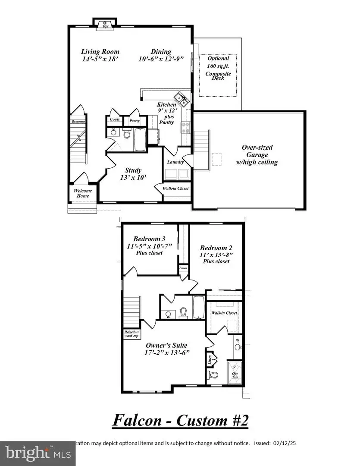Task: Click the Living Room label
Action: (100, 52)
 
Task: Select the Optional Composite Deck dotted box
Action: (218, 75)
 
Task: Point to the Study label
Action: (133, 170)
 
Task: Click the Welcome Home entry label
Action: (83, 193)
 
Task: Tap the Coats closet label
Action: (115, 120)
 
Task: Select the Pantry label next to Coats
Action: (135, 121)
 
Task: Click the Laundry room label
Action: (175, 162)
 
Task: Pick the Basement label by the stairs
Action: (78, 122)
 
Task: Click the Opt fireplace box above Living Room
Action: (105, 25)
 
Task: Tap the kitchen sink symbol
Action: (181, 98)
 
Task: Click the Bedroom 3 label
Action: (149, 239)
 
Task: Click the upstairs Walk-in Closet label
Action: (224, 313)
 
